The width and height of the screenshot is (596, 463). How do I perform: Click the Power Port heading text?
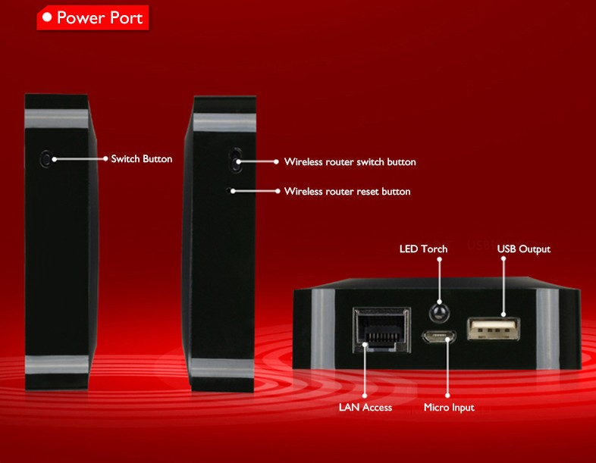coord(99,18)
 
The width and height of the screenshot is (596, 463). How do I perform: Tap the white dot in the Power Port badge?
coord(47,17)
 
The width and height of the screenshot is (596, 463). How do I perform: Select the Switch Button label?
coord(141,159)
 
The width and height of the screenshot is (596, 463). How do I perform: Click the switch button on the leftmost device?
coord(46,159)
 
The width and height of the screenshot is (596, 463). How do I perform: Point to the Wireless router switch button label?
coord(350,162)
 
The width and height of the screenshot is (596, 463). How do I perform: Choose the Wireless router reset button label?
coord(347,191)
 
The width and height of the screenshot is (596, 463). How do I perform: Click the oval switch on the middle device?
coord(236,160)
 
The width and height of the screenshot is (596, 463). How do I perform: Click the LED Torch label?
coord(423,249)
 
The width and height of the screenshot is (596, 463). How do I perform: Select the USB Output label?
coord(524,249)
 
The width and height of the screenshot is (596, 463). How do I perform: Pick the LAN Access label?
coord(365,407)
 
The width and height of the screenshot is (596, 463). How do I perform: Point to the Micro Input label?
coord(449,408)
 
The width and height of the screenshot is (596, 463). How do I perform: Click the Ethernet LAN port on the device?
coord(382,329)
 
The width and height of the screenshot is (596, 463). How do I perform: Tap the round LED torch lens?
coord(439,313)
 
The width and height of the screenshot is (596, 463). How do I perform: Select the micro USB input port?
coord(438,336)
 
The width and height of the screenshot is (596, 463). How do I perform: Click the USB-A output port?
coord(494,328)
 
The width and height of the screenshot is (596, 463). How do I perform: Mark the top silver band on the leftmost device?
coord(57,118)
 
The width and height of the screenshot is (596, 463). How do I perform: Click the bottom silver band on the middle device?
coord(222,368)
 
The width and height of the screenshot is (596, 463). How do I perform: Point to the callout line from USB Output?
coord(503,286)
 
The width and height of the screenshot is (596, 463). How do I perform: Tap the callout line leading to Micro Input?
coord(448,367)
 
